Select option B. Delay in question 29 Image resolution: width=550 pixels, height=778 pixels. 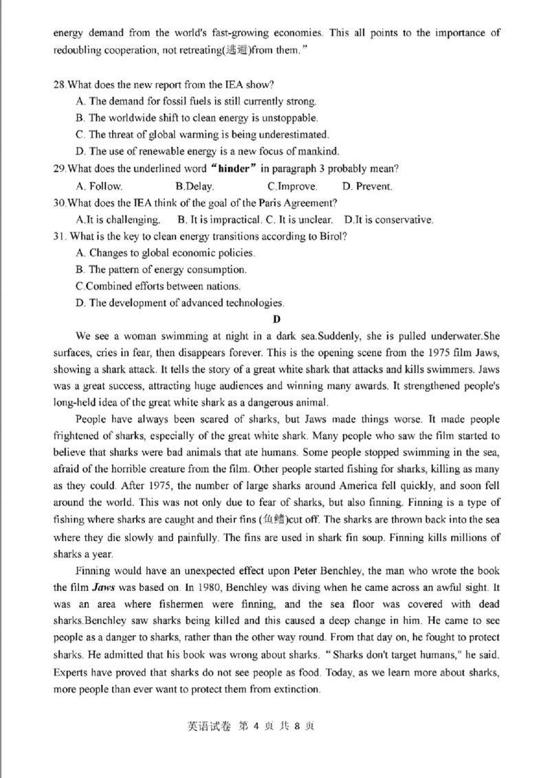point(195,186)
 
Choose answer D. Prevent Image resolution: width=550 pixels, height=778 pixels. point(367,186)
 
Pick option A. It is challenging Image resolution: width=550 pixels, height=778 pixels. point(118,220)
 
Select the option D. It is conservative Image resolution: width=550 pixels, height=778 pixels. point(388,220)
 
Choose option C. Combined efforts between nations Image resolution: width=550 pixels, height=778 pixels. point(158,286)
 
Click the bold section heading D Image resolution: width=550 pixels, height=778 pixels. point(276,319)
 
